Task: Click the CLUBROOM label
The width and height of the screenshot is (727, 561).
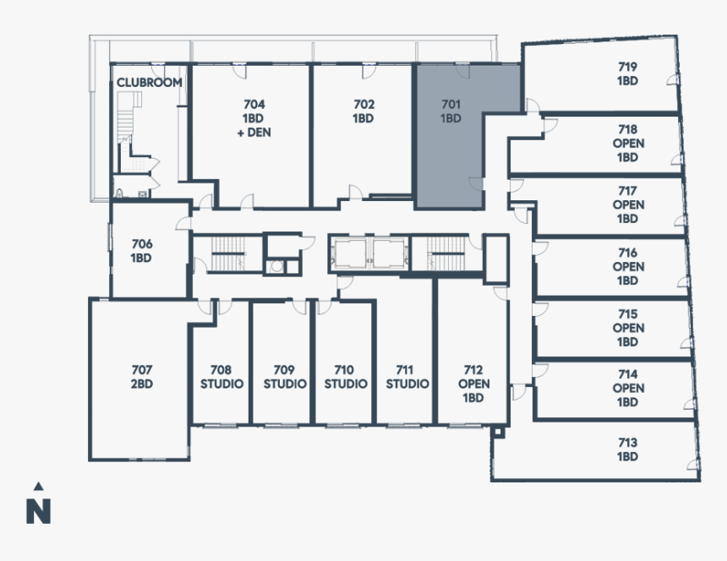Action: tap(149, 83)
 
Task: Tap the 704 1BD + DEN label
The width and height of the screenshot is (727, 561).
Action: tap(254, 118)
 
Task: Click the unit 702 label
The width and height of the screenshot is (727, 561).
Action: tap(363, 112)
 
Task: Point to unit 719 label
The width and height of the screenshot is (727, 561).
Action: tap(626, 74)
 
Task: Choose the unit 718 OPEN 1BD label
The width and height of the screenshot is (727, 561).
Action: tap(627, 143)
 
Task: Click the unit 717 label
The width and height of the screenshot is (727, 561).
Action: tap(627, 204)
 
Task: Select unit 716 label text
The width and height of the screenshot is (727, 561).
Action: tap(627, 266)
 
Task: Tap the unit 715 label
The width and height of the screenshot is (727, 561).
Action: tap(627, 328)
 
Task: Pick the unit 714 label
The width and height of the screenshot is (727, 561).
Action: tap(627, 389)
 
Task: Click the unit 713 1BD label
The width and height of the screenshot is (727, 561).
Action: tap(627, 449)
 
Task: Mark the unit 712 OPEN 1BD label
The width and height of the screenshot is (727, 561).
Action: tap(473, 384)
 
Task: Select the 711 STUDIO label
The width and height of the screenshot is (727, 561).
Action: tap(407, 377)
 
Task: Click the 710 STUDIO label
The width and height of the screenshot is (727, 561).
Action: tap(345, 377)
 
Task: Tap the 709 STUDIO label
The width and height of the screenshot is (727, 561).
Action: tap(284, 377)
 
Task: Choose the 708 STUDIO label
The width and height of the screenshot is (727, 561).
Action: tap(221, 377)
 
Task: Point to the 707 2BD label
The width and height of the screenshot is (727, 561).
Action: tap(141, 377)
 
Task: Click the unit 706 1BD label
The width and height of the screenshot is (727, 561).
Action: tap(141, 251)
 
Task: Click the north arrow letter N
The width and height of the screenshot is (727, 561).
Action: tap(38, 511)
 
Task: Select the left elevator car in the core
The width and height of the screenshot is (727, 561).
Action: tap(350, 253)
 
